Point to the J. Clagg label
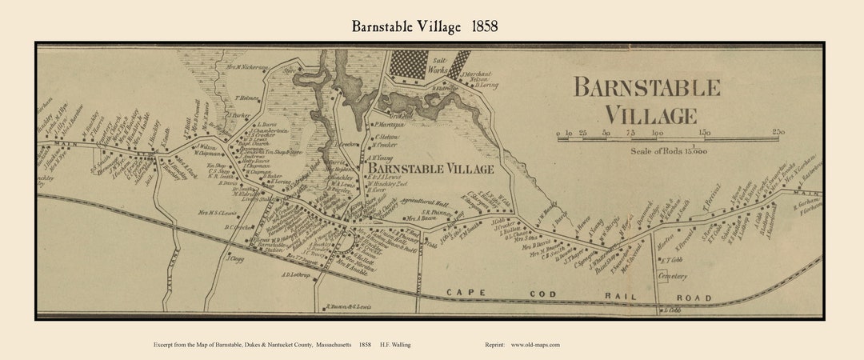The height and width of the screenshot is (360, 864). pyautogui.click(x=234, y=258)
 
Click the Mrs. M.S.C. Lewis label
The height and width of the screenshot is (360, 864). pyautogui.click(x=218, y=213)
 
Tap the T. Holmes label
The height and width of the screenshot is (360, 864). pyautogui.click(x=249, y=98)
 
